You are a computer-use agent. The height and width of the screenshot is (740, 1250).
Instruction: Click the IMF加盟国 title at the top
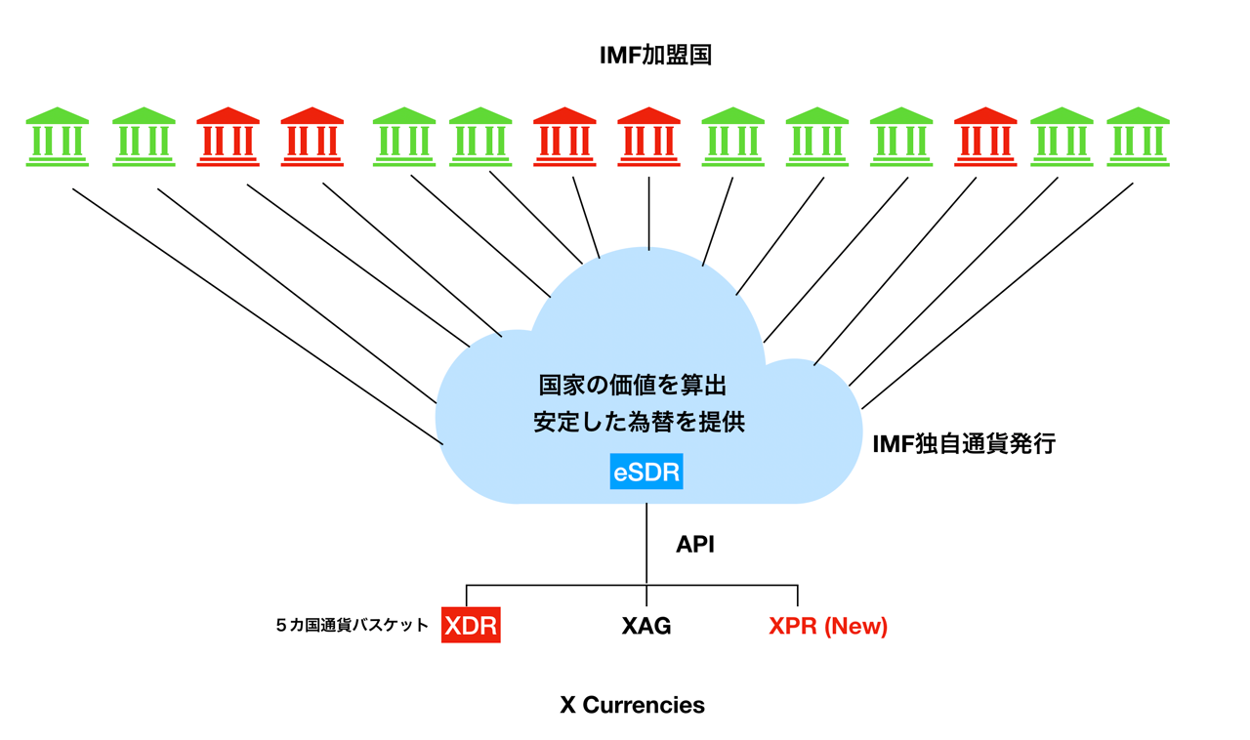(x=655, y=56)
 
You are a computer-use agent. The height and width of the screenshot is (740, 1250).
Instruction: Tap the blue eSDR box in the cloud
(x=646, y=472)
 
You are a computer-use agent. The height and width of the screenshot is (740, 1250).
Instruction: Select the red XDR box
(x=471, y=626)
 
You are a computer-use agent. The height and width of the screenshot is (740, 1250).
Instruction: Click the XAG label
(x=646, y=626)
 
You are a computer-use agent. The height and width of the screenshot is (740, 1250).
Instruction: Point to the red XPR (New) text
(x=828, y=626)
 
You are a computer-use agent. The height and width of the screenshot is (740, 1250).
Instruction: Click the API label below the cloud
(x=695, y=545)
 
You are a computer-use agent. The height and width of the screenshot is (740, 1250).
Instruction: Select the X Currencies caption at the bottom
(x=632, y=705)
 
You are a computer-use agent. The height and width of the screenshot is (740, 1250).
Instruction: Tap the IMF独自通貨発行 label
(x=964, y=444)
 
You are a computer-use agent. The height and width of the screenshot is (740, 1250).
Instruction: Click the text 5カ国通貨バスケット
(x=353, y=626)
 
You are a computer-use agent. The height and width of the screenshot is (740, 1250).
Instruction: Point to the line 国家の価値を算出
(x=633, y=384)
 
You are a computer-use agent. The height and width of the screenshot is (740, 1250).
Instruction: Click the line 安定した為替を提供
(x=639, y=422)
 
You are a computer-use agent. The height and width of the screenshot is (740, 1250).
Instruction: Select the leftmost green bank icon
(x=58, y=137)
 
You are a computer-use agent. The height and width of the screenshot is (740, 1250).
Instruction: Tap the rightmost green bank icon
(x=1138, y=137)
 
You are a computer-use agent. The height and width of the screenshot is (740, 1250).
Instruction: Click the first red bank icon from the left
(x=229, y=137)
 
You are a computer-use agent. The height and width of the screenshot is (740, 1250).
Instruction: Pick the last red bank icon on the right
(x=985, y=137)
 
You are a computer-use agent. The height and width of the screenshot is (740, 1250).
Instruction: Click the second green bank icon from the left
(x=144, y=137)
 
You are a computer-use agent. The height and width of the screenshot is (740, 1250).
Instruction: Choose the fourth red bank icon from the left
(x=648, y=137)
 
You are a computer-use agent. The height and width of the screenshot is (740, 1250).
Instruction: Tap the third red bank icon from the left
(x=564, y=137)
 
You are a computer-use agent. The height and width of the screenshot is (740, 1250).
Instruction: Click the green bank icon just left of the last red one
(x=901, y=137)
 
